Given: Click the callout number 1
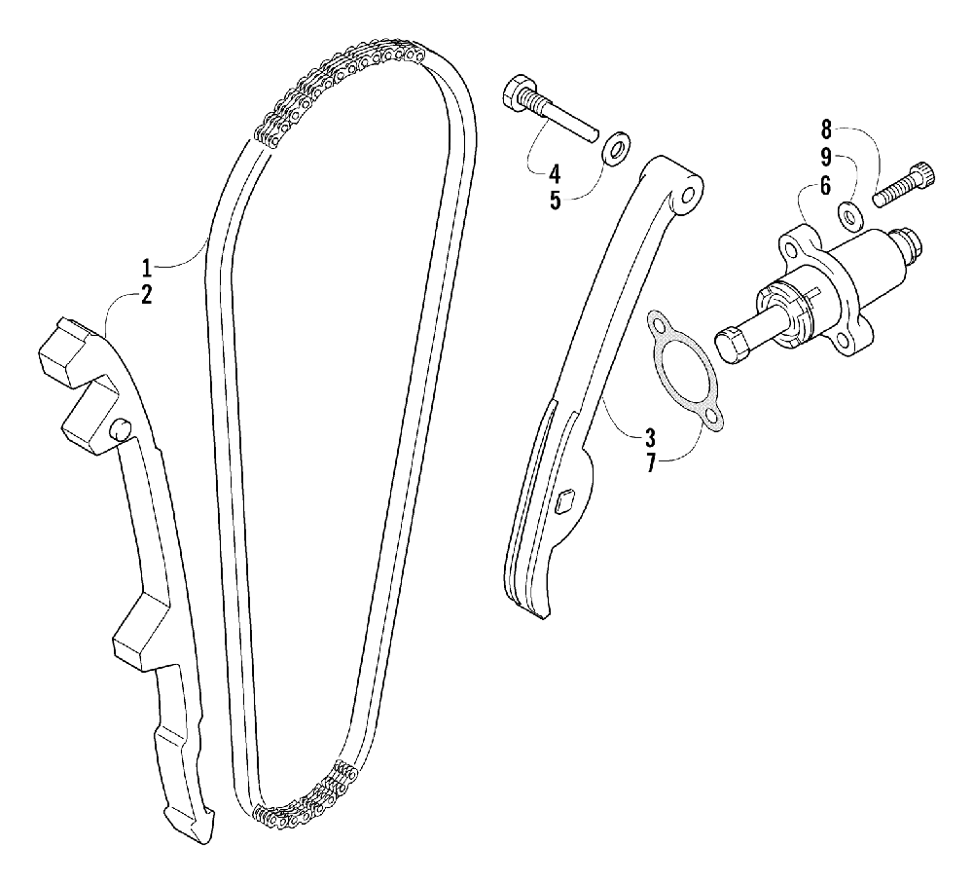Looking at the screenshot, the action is [x=147, y=266].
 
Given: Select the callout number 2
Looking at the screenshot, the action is [x=147, y=296].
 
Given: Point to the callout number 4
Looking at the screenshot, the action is [x=554, y=175].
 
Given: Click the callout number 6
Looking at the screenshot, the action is [x=826, y=186].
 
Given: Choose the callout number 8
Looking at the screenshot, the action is [x=826, y=128].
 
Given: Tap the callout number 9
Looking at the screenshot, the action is [x=826, y=156].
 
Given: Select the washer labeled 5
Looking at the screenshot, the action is [x=614, y=150].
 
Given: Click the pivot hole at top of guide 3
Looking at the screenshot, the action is [x=689, y=196].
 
